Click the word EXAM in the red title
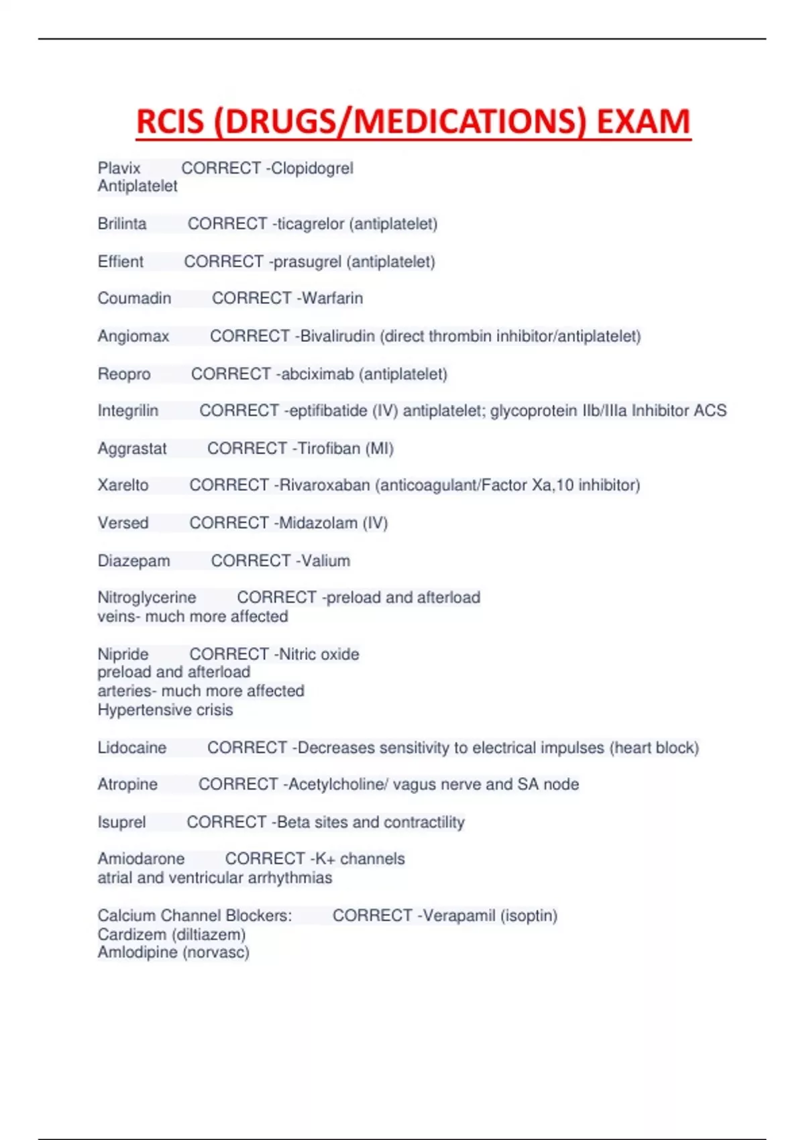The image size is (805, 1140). click(643, 121)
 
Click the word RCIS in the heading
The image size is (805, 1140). click(170, 121)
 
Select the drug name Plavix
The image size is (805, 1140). click(119, 168)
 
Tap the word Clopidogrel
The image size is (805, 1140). click(312, 168)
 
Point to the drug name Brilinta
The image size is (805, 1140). click(122, 223)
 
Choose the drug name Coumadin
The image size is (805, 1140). click(134, 298)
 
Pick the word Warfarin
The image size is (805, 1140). click(333, 298)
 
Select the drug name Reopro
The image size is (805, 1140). click(124, 374)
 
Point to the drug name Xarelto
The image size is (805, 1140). click(123, 485)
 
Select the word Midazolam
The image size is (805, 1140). click(318, 522)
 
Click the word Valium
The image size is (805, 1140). click(325, 561)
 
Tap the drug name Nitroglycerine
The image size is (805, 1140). click(147, 597)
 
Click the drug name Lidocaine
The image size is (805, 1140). click(132, 748)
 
